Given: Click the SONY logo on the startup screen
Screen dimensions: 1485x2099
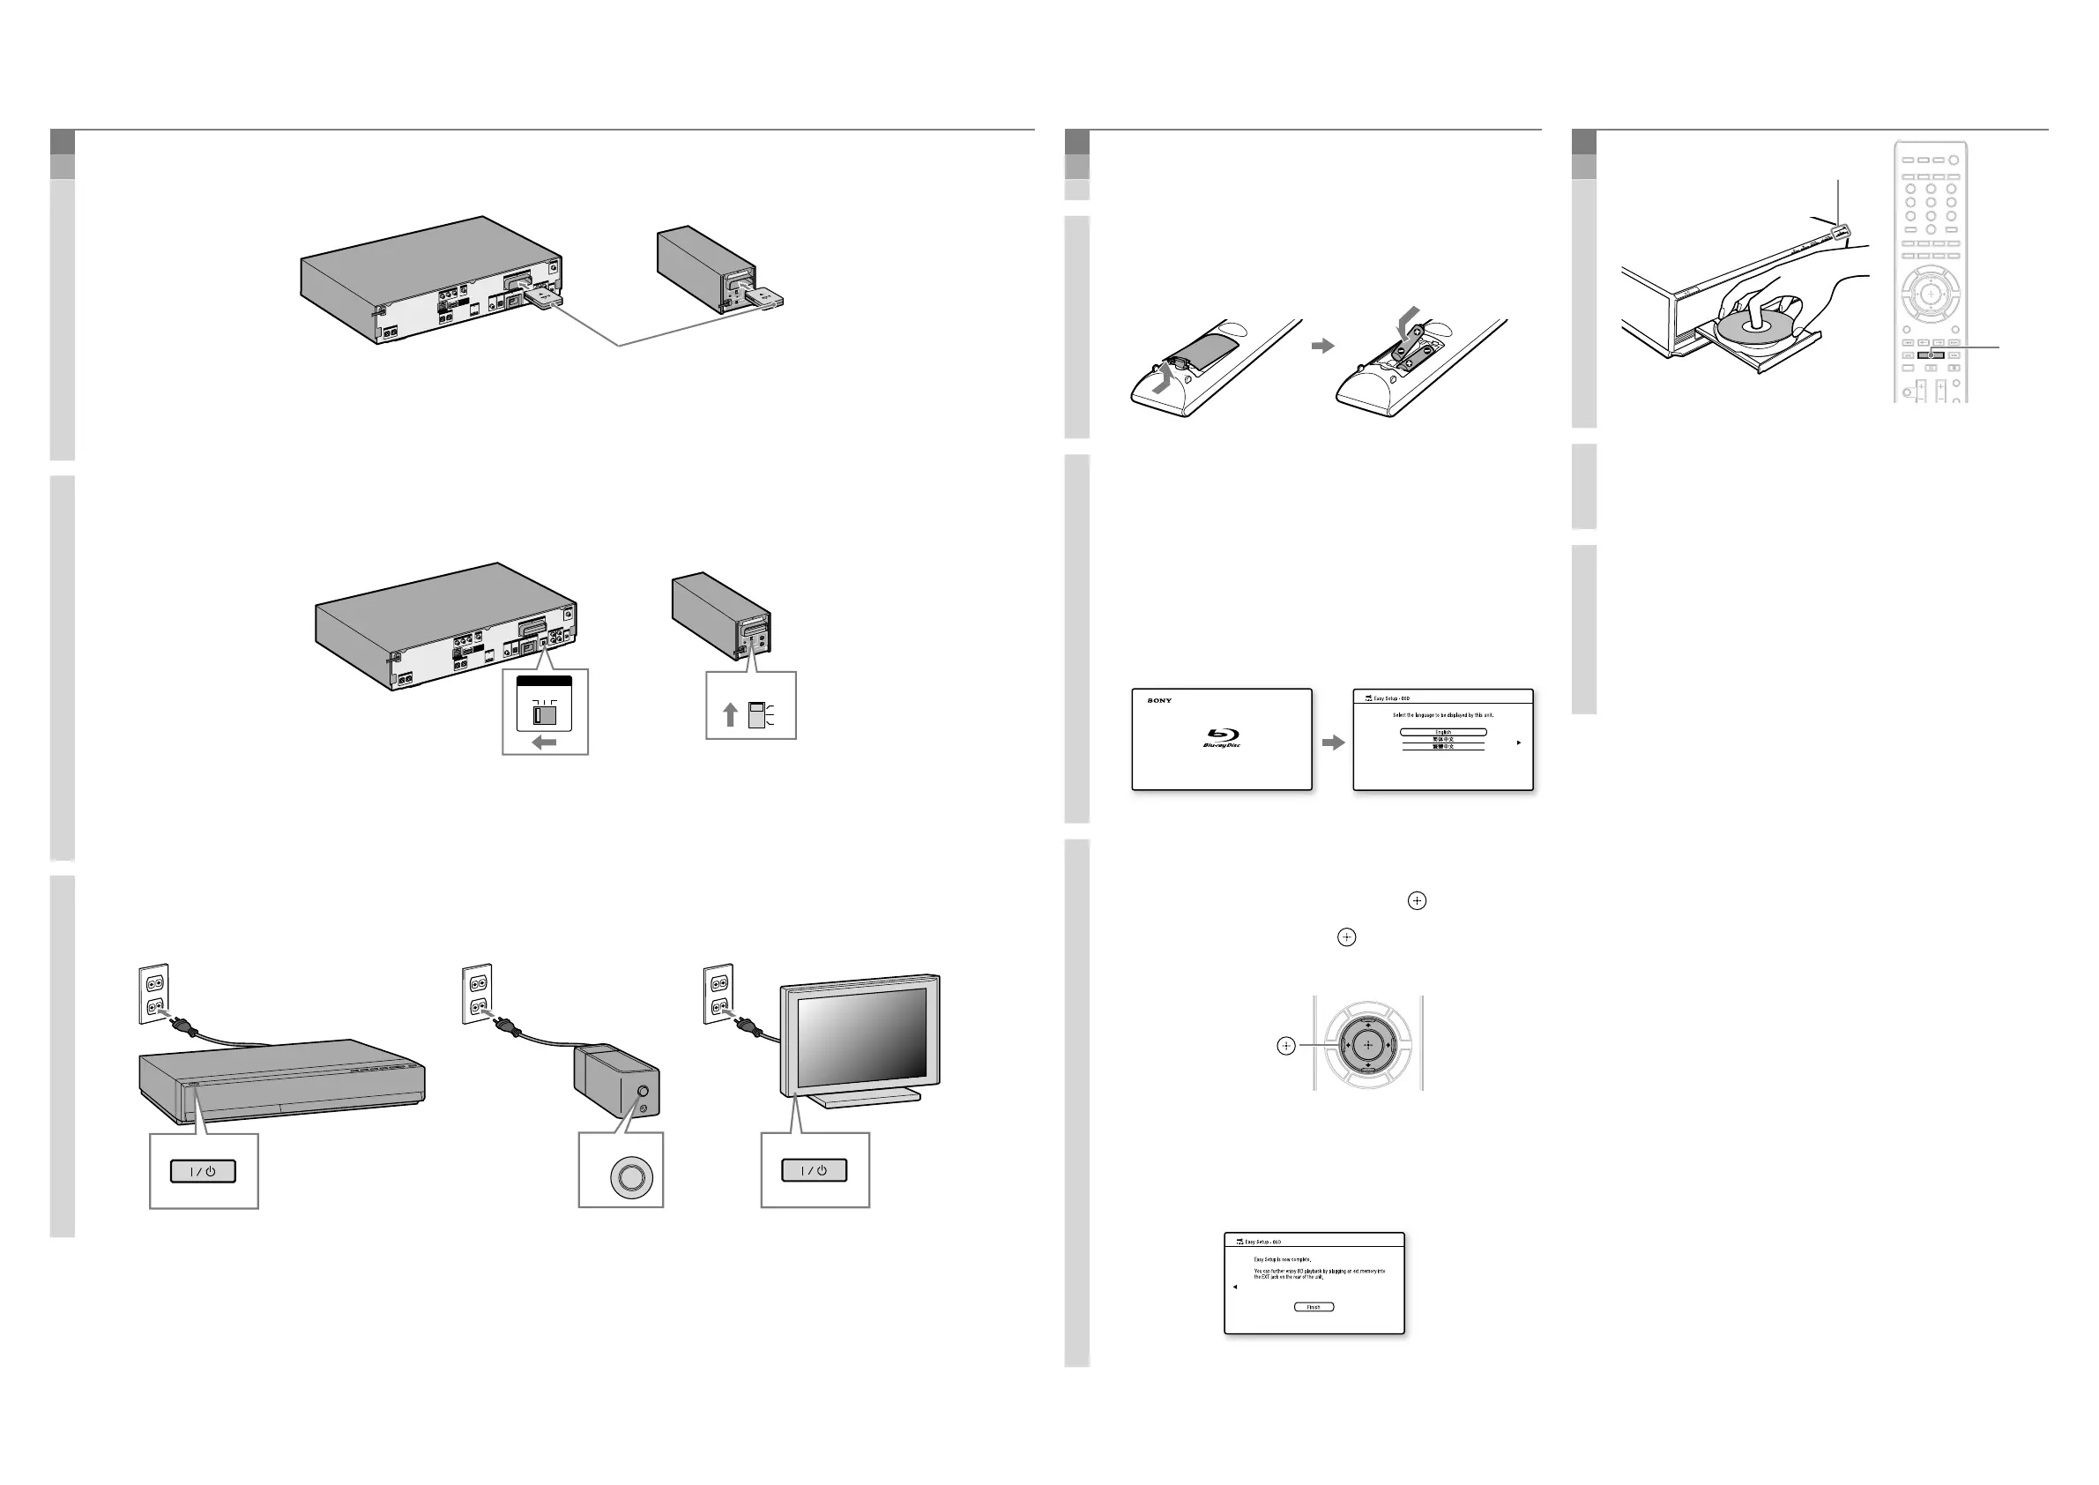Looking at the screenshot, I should click(1159, 700).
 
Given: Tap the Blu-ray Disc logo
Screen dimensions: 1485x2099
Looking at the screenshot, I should click(1221, 737).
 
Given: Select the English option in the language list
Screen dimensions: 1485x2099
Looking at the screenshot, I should click(1442, 732).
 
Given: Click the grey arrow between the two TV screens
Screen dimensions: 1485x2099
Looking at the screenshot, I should click(1334, 742).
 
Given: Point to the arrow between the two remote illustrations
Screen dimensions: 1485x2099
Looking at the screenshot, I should click(1323, 346).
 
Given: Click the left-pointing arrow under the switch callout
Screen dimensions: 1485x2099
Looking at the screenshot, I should click(544, 742).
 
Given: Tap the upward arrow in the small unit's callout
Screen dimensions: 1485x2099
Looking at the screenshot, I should click(730, 714).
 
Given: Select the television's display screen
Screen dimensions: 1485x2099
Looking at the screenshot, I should click(861, 1037).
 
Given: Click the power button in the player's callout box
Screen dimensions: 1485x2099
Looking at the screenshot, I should click(203, 1171).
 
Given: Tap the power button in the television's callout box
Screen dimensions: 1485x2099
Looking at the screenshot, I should click(814, 1170).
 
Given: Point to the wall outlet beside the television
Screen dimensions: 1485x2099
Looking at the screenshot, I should click(718, 993).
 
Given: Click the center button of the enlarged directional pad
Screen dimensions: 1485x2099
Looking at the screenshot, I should click(1367, 1044).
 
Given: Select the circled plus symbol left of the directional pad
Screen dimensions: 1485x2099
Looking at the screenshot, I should click(1286, 1045).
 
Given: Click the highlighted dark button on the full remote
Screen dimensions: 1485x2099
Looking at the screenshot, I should click(1930, 354).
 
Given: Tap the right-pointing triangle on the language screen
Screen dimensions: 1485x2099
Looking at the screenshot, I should click(1518, 742).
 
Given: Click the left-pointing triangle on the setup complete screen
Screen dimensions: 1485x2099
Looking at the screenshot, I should click(1235, 1287).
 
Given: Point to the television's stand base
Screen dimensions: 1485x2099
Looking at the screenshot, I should click(864, 1099).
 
